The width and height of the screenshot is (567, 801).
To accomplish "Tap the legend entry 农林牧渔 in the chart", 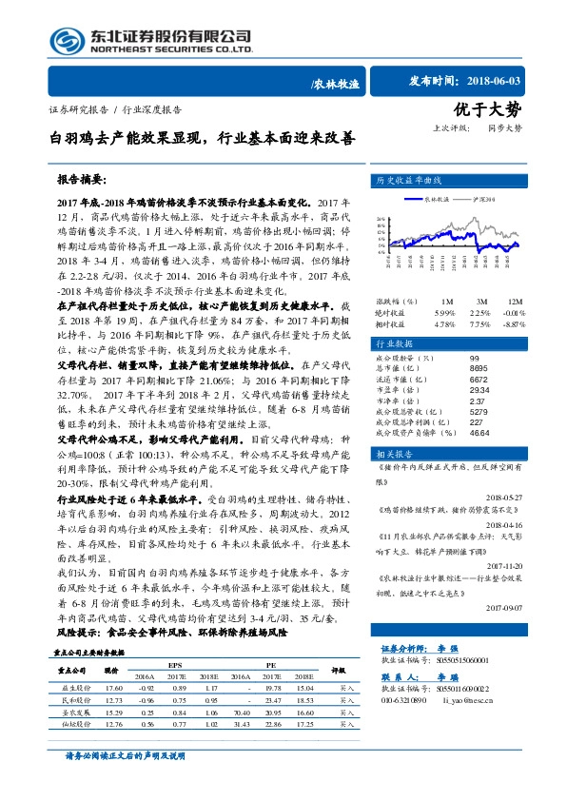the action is (438, 200).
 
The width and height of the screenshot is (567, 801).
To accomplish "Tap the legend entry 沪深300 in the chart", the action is (485, 200).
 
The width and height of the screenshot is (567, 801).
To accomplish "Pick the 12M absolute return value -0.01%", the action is (515, 312).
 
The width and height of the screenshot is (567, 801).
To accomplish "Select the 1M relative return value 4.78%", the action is (444, 324).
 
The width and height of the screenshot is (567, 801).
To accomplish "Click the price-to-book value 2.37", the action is (479, 400).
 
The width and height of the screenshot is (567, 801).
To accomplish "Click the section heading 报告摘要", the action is (82, 179).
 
